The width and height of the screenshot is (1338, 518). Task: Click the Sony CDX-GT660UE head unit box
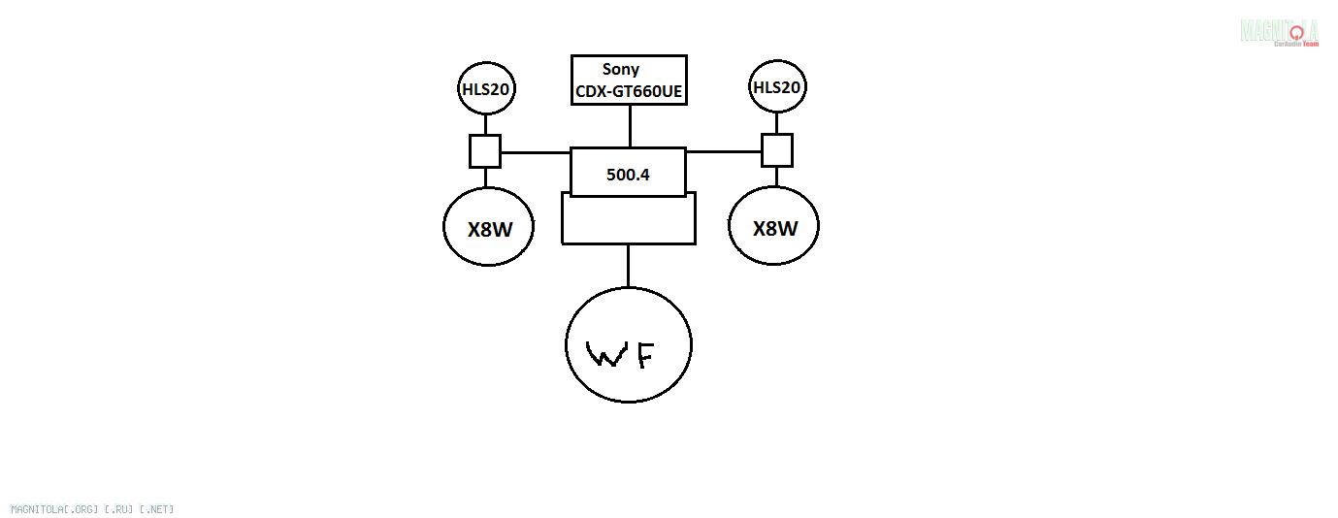629,81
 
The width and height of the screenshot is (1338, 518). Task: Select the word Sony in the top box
621,69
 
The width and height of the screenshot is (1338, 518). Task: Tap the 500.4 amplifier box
628,174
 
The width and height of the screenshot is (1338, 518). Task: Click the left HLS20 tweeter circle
486,89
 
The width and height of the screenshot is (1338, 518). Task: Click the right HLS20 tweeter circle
777,87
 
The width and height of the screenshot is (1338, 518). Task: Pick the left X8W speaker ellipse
489,227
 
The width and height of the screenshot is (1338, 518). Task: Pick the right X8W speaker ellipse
774,227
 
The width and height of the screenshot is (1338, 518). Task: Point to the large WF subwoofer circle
629,344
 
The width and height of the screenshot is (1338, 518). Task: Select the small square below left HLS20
485,151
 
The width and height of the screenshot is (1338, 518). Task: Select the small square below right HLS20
776,150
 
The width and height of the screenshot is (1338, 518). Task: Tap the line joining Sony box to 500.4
630,126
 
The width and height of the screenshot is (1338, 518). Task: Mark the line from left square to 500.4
535,152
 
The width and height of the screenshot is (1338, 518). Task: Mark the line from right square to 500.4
724,151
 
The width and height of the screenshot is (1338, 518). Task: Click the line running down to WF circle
628,266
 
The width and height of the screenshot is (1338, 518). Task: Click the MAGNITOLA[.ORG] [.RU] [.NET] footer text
92,508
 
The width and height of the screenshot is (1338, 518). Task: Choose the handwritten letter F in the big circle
643,354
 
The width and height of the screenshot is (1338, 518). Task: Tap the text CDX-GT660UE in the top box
629,92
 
